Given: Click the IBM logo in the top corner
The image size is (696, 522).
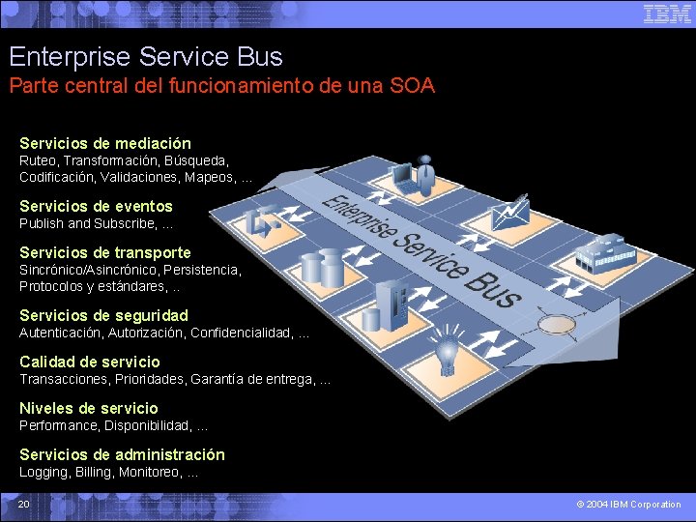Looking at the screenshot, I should (667, 14).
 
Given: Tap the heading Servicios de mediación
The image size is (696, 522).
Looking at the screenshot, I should (105, 143).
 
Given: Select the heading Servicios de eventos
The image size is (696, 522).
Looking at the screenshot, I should (96, 206).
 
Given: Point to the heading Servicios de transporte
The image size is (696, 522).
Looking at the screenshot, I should (105, 252).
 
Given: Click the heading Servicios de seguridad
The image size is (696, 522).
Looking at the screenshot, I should (103, 315).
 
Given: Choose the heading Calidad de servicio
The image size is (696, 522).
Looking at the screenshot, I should (90, 362).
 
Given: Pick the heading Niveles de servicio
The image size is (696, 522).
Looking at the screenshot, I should (88, 408).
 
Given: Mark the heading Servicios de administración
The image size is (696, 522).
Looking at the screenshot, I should (122, 454).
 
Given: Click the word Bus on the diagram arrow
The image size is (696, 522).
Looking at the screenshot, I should (493, 284).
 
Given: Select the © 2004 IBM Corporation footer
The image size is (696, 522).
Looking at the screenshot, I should (628, 504).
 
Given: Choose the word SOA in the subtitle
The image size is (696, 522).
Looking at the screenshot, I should (413, 86).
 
